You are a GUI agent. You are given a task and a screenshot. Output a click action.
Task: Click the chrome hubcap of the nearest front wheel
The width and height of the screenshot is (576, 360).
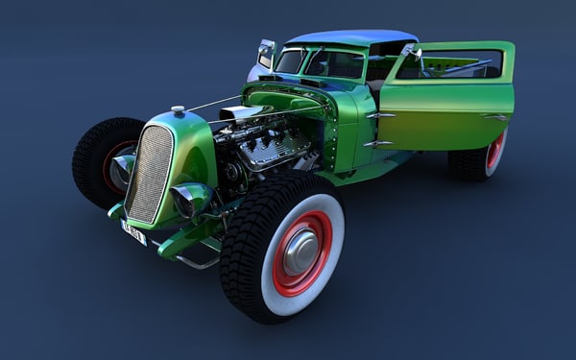[x=300, y=252]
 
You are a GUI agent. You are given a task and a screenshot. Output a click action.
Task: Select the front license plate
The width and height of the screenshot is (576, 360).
[x=133, y=231]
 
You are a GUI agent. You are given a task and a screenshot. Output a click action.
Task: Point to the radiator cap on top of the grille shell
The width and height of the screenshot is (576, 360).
[x=178, y=110]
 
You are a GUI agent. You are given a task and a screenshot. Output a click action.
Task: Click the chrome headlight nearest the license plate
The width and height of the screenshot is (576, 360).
[x=190, y=199]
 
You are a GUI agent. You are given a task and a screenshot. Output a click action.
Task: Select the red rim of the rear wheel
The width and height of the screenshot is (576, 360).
[x=495, y=152]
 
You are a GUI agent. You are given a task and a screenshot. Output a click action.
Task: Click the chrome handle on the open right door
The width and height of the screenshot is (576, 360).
[x=494, y=117]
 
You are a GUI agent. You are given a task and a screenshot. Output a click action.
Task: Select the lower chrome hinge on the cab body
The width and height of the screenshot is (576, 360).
[x=377, y=143]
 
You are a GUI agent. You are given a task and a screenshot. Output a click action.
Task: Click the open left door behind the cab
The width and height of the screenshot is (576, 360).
[x=264, y=55]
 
